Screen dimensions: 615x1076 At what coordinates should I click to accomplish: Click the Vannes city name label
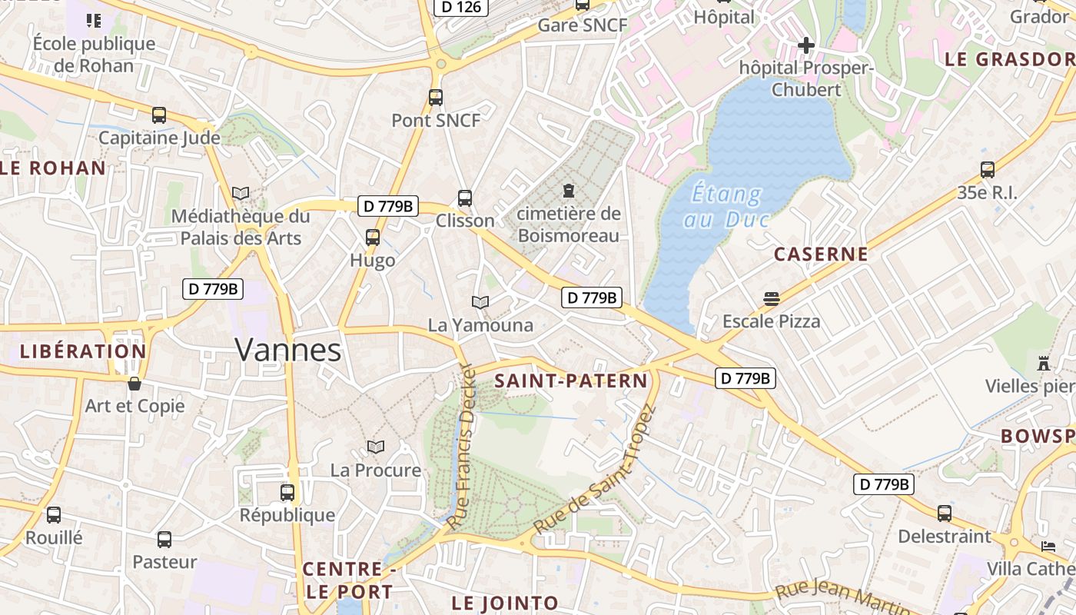pyautogui.click(x=288, y=350)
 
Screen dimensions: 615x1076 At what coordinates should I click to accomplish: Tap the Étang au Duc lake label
pyautogui.click(x=726, y=206)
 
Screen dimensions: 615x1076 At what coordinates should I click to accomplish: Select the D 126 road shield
pyautogui.click(x=462, y=7)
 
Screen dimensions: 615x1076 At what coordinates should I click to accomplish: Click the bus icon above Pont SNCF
pyautogui.click(x=436, y=98)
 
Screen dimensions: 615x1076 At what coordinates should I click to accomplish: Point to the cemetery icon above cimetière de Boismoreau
pyautogui.click(x=569, y=190)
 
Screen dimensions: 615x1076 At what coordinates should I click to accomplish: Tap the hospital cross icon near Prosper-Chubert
pyautogui.click(x=805, y=45)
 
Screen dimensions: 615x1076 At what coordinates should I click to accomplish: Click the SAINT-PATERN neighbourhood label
pyautogui.click(x=571, y=381)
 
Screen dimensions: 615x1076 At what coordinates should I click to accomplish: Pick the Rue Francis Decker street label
pyautogui.click(x=462, y=446)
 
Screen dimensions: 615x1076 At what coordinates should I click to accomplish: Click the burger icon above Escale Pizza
pyautogui.click(x=772, y=298)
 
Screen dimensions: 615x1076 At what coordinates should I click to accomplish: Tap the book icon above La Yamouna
pyautogui.click(x=480, y=303)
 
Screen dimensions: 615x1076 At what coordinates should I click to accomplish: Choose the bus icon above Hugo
pyautogui.click(x=373, y=238)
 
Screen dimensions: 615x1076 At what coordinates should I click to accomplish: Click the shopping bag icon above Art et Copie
pyautogui.click(x=134, y=383)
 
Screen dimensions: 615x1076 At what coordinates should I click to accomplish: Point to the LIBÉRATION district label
pyautogui.click(x=83, y=351)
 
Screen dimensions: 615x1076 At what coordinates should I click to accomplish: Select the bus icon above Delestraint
pyautogui.click(x=945, y=513)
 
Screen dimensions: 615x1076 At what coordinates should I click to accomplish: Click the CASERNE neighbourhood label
pyautogui.click(x=821, y=254)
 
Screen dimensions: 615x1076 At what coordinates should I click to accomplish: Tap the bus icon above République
pyautogui.click(x=287, y=492)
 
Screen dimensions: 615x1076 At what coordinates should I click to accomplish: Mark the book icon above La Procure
pyautogui.click(x=376, y=447)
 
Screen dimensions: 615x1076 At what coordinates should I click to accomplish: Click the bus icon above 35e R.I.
pyautogui.click(x=988, y=170)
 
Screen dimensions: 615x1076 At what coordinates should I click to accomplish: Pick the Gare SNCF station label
pyautogui.click(x=583, y=25)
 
